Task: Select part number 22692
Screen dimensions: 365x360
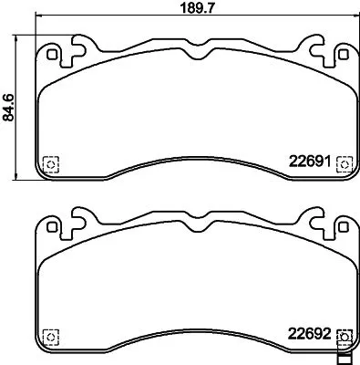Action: click(307, 333)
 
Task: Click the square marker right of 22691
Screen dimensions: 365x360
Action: click(343, 162)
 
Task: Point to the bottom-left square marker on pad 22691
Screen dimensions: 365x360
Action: click(50, 163)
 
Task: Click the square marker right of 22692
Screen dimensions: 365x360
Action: click(343, 334)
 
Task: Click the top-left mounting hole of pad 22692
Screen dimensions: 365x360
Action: click(53, 224)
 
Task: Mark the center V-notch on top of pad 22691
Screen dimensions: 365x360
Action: click(196, 55)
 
